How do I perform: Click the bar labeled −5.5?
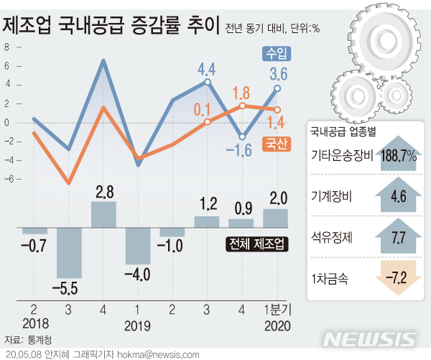coord(69,252)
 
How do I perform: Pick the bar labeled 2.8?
coord(103,214)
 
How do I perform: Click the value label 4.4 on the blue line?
coord(207,70)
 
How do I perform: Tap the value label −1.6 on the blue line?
coord(242,149)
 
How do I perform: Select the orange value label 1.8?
coord(241,93)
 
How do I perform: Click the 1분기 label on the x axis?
coord(277,310)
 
